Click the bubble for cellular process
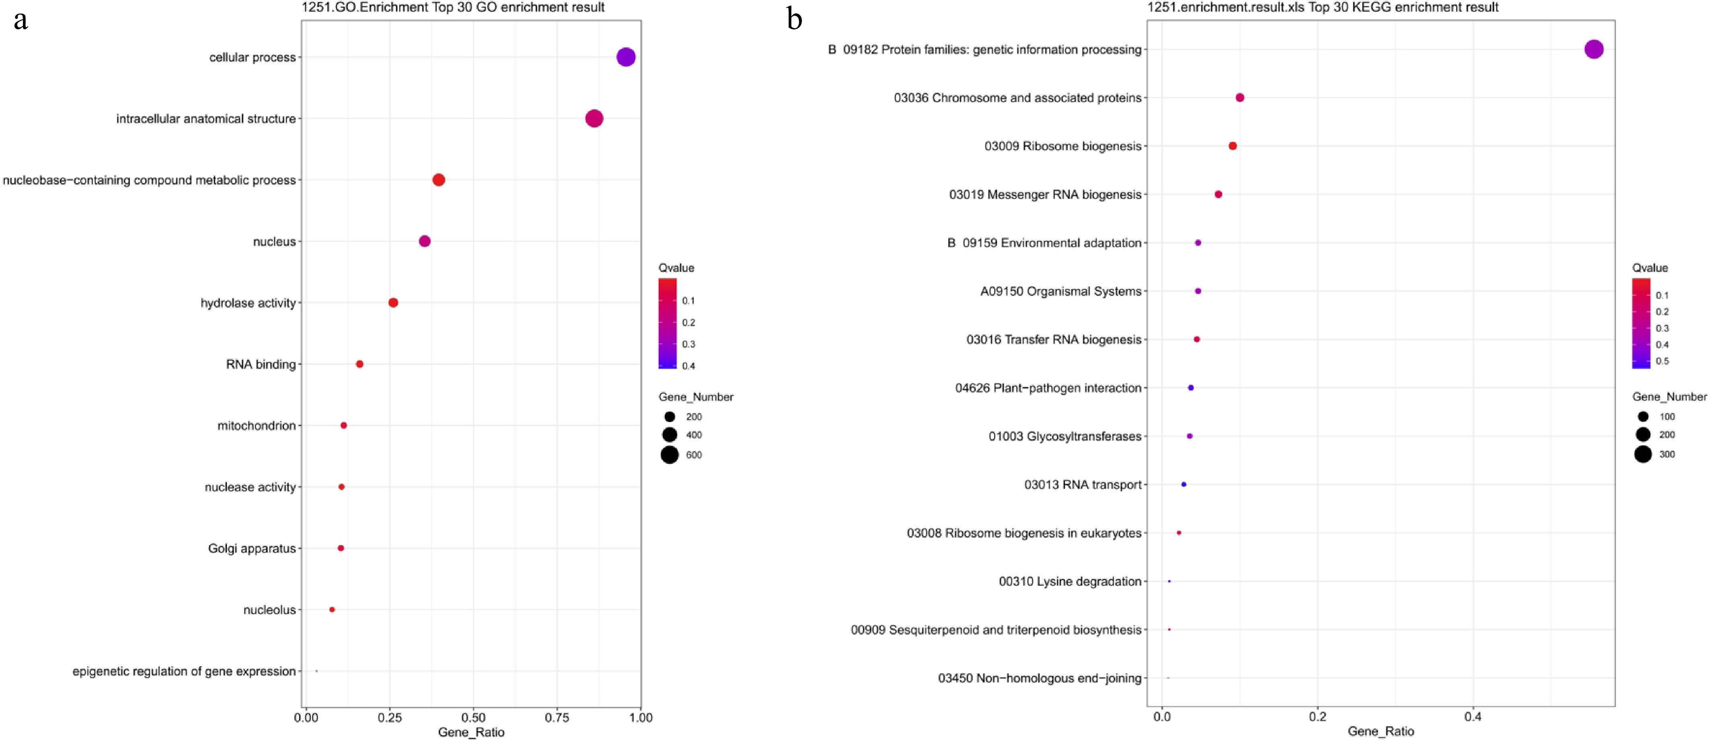pyautogui.click(x=625, y=57)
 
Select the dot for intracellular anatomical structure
pyautogui.click(x=594, y=119)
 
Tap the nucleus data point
pyautogui.click(x=425, y=241)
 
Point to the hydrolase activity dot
pyautogui.click(x=393, y=303)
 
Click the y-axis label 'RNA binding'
pyautogui.click(x=261, y=364)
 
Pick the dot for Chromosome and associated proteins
pyautogui.click(x=1240, y=98)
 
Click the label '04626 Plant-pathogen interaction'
pyautogui.click(x=1048, y=388)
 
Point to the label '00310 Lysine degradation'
pyautogui.click(x=1070, y=581)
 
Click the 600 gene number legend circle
pyautogui.click(x=669, y=455)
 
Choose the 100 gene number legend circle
pyautogui.click(x=1643, y=417)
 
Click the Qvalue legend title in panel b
pyautogui.click(x=1650, y=268)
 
